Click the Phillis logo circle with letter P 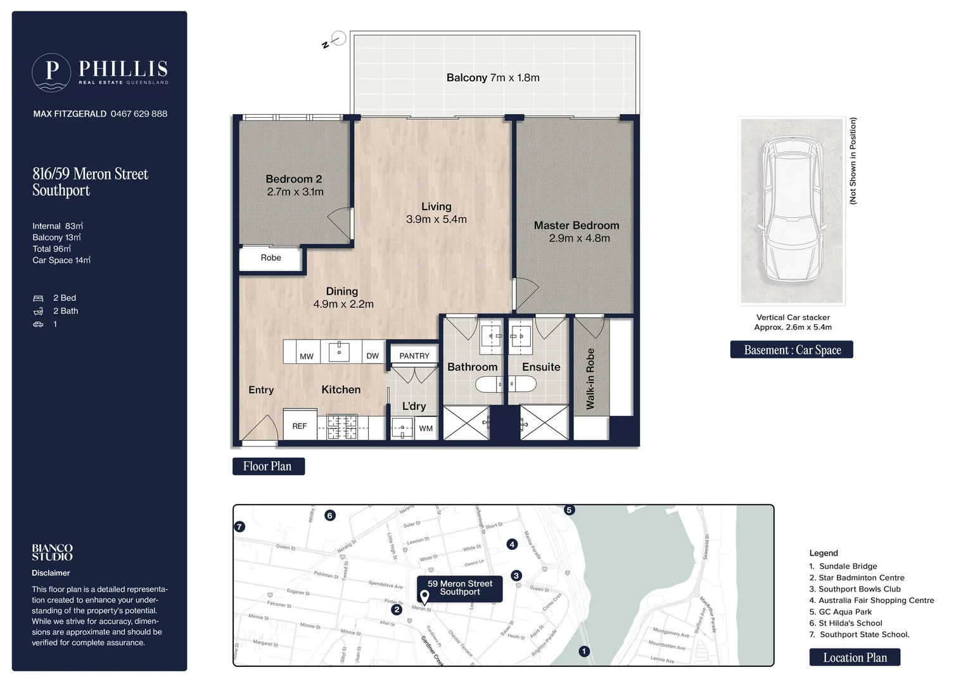point(51,72)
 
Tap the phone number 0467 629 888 point(139,114)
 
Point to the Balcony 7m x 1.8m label point(493,78)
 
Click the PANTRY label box point(414,356)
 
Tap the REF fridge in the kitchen point(300,426)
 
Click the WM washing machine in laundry point(426,428)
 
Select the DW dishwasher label point(373,356)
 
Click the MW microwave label point(307,357)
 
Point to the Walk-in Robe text point(590,379)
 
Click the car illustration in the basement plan point(792,210)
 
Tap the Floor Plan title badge point(268,466)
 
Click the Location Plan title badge point(855,657)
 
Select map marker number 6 point(329,516)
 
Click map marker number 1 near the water point(584,651)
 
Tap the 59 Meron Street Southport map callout point(460,588)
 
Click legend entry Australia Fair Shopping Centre point(876,600)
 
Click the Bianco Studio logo point(53,552)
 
